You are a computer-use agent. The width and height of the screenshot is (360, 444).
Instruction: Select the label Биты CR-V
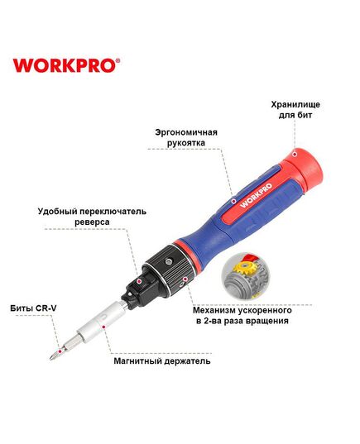click(32, 308)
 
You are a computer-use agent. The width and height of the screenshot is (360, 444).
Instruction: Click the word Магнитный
click(140, 361)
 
